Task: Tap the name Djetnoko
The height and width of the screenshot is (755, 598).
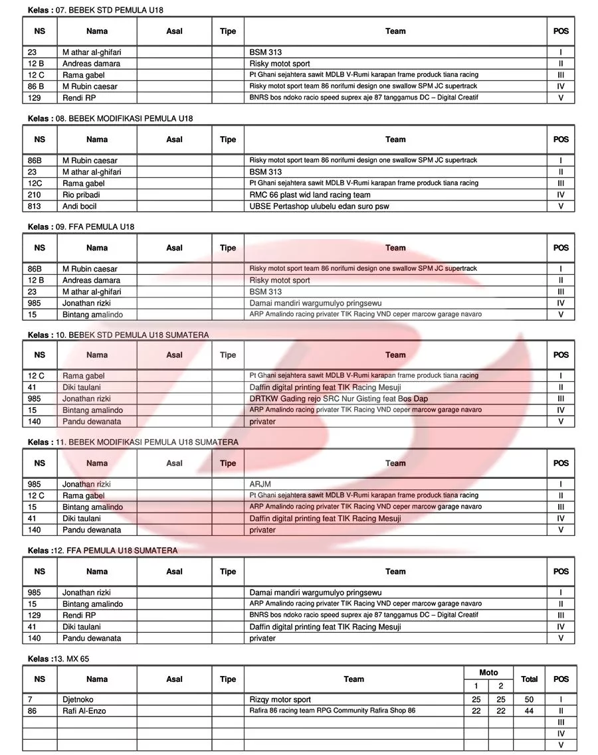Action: coord(78,699)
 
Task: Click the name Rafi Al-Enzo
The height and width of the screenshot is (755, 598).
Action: coord(84,711)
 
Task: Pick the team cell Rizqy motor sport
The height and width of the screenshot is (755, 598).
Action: coord(280,699)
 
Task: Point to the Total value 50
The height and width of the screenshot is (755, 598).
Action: coord(529,699)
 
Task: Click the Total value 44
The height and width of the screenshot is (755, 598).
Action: coord(529,711)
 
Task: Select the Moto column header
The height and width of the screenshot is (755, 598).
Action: coord(488,673)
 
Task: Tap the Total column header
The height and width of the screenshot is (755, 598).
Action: coord(529,679)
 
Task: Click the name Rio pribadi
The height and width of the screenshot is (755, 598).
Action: coord(81,195)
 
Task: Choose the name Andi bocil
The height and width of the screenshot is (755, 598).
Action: coord(79,206)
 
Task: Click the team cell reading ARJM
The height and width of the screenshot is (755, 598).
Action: coord(260,484)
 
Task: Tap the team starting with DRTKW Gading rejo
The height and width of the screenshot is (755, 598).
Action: coord(338,398)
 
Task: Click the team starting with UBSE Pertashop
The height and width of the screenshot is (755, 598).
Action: coord(319,206)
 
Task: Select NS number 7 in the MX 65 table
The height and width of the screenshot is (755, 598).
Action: coord(31,699)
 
